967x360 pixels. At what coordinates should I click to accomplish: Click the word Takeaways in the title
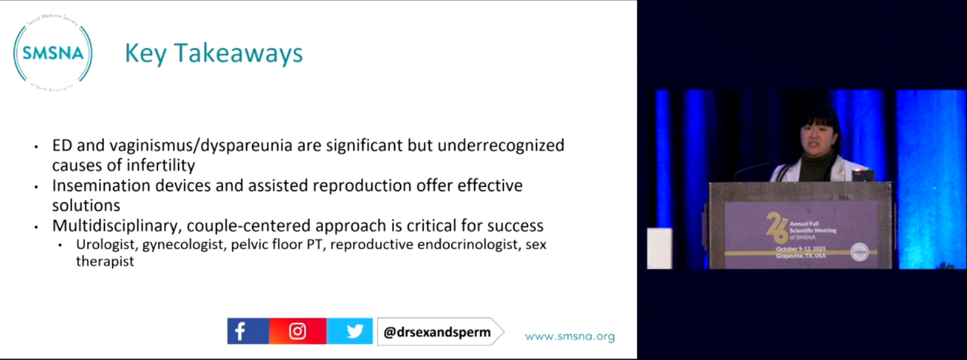tap(238, 53)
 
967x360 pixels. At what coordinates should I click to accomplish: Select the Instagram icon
tap(297, 331)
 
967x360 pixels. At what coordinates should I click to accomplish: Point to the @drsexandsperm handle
tap(437, 332)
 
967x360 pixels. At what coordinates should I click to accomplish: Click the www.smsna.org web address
tap(569, 336)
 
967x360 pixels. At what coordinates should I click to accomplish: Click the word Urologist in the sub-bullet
tap(106, 245)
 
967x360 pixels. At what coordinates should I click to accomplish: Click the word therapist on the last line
tap(104, 261)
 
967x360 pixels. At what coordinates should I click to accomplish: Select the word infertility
tap(158, 165)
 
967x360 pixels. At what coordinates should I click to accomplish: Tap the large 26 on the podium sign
tap(777, 227)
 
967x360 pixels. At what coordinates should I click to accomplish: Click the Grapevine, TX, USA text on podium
tap(800, 256)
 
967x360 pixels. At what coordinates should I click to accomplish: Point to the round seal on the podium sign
tap(859, 252)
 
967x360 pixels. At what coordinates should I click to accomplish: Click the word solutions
tap(86, 205)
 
